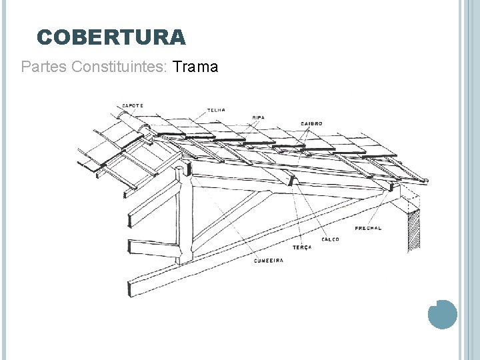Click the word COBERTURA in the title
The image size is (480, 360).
pos(111,37)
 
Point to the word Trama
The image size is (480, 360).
pos(195,67)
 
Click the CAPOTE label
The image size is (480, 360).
pos(133,105)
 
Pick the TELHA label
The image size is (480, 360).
pos(216,110)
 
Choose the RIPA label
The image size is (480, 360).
pos(258,117)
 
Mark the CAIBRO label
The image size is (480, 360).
pos(311,123)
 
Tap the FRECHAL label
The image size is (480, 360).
pos(368,228)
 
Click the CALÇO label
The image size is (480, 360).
pos(329,239)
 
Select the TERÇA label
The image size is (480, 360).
pos(301,247)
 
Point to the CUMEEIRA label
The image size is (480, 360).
pos(268,260)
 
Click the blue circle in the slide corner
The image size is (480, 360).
pos(441,314)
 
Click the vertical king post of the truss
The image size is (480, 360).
pos(185,213)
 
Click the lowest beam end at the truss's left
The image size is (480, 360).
pos(133,287)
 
